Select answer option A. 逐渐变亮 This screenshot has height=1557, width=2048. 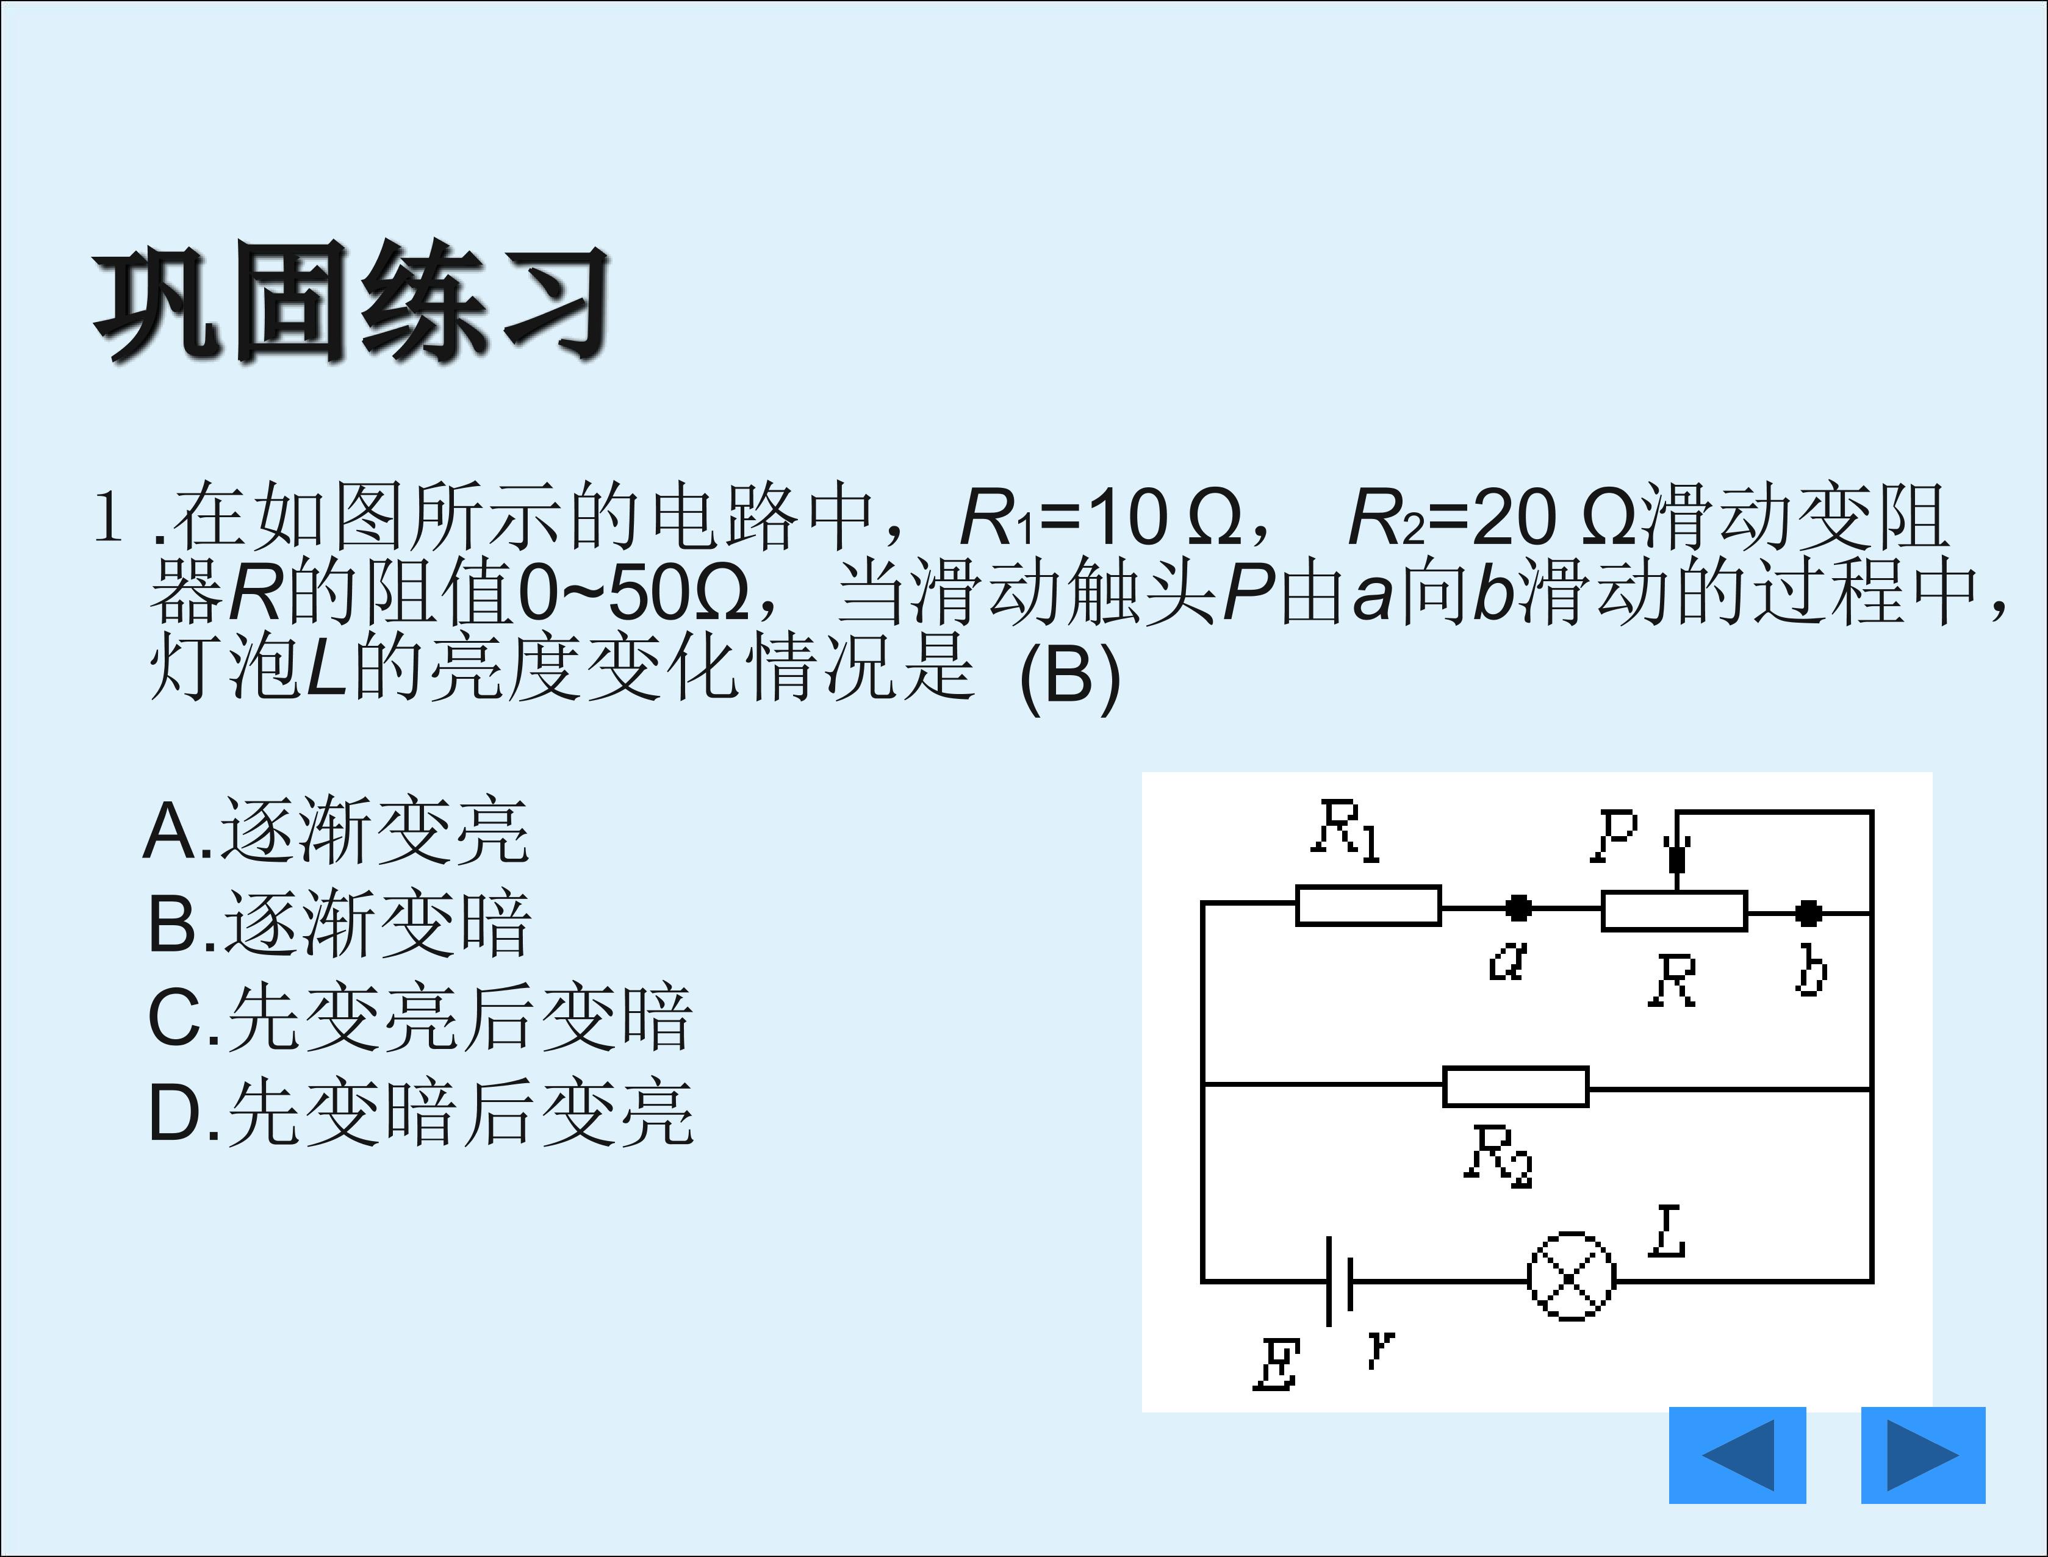(x=336, y=831)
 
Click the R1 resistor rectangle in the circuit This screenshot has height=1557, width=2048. (x=1368, y=906)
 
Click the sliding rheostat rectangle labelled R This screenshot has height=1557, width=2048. (x=1675, y=911)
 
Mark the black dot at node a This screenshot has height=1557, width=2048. (x=1518, y=908)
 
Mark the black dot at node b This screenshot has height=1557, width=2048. (x=1808, y=914)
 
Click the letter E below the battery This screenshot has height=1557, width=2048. (x=1276, y=1364)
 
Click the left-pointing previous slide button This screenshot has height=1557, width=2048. (x=1737, y=1455)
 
